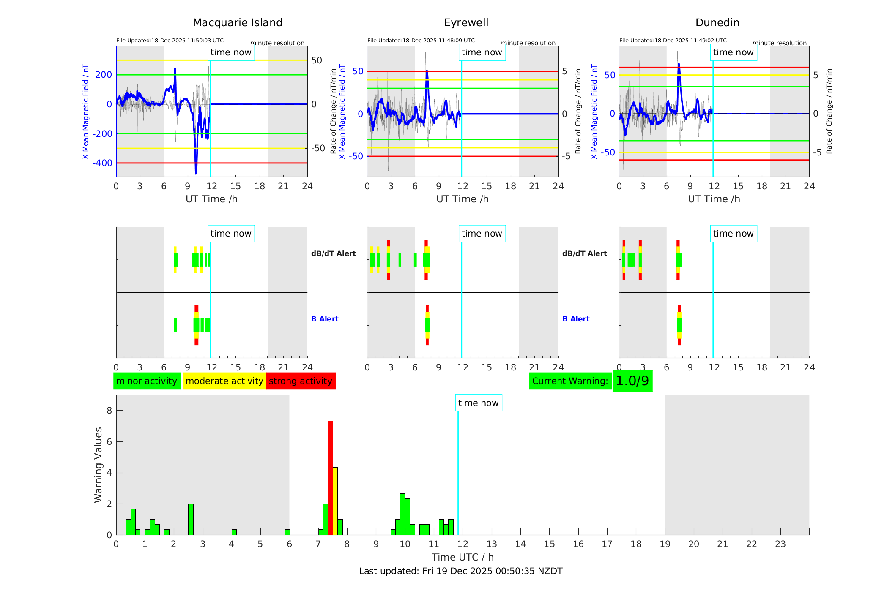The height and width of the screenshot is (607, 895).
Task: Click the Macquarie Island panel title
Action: point(238,23)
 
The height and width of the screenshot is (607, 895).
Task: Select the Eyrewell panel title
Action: point(466,23)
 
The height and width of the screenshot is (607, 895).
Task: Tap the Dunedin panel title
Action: point(717,23)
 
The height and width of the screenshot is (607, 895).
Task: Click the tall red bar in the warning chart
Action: point(331,477)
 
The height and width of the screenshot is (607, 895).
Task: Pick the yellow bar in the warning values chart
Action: point(335,501)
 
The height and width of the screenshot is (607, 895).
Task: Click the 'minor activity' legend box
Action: point(147,381)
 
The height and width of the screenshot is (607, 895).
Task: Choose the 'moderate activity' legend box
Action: point(224,381)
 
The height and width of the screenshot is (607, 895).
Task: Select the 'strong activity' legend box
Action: point(301,381)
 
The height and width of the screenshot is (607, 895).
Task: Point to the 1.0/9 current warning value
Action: point(632,381)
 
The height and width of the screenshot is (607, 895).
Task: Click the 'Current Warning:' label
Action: point(570,381)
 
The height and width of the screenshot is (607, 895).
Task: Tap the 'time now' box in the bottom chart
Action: point(478,403)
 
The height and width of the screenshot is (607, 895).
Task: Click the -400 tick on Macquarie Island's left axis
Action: point(103,163)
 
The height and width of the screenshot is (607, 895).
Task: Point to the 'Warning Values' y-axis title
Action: point(99,465)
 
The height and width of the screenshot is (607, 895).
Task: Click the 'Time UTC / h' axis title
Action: point(463,557)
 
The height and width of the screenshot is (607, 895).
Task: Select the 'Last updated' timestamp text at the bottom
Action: point(460,571)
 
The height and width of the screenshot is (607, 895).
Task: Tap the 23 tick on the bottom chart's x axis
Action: point(780,544)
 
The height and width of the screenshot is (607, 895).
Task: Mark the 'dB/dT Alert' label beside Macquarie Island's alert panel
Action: point(333,253)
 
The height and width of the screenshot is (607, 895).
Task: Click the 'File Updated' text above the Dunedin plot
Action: point(673,41)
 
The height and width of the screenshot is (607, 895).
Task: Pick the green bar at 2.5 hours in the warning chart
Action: point(191,519)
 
